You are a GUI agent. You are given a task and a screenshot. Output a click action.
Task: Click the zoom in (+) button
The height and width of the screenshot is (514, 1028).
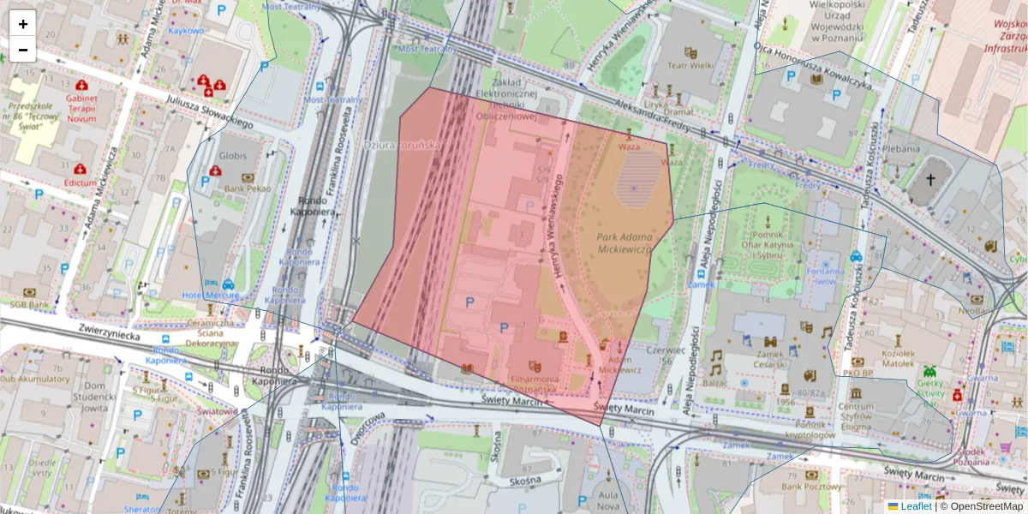coord(22,24)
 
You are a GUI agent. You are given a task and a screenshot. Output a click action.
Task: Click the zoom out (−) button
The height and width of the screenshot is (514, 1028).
coord(22,50)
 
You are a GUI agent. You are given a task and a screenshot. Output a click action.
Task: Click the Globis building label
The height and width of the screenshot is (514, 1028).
coord(232,156)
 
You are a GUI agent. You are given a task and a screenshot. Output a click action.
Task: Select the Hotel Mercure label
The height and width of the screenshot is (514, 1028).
coord(211,296)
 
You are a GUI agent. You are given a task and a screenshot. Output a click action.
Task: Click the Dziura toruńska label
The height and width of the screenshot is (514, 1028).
coord(403,146)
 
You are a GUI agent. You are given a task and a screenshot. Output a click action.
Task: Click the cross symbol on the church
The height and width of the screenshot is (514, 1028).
coord(931,181)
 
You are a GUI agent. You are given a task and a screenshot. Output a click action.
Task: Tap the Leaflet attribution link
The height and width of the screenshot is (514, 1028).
coord(916,506)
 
